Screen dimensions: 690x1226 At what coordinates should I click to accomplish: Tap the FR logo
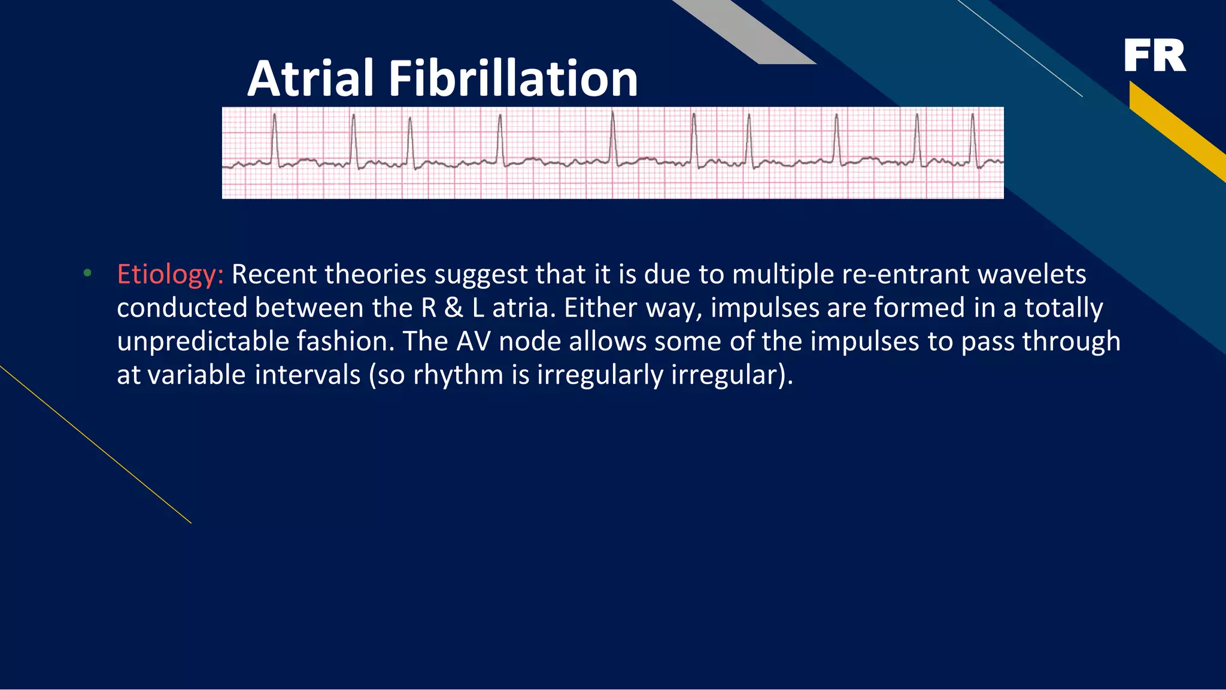pos(1154,56)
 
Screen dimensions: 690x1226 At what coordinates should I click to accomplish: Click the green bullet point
pos(87,273)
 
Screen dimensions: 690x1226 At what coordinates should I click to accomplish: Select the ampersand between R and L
pos(454,308)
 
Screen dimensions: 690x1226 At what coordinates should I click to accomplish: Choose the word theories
pos(375,275)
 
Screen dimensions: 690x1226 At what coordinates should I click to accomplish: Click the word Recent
pos(274,275)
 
